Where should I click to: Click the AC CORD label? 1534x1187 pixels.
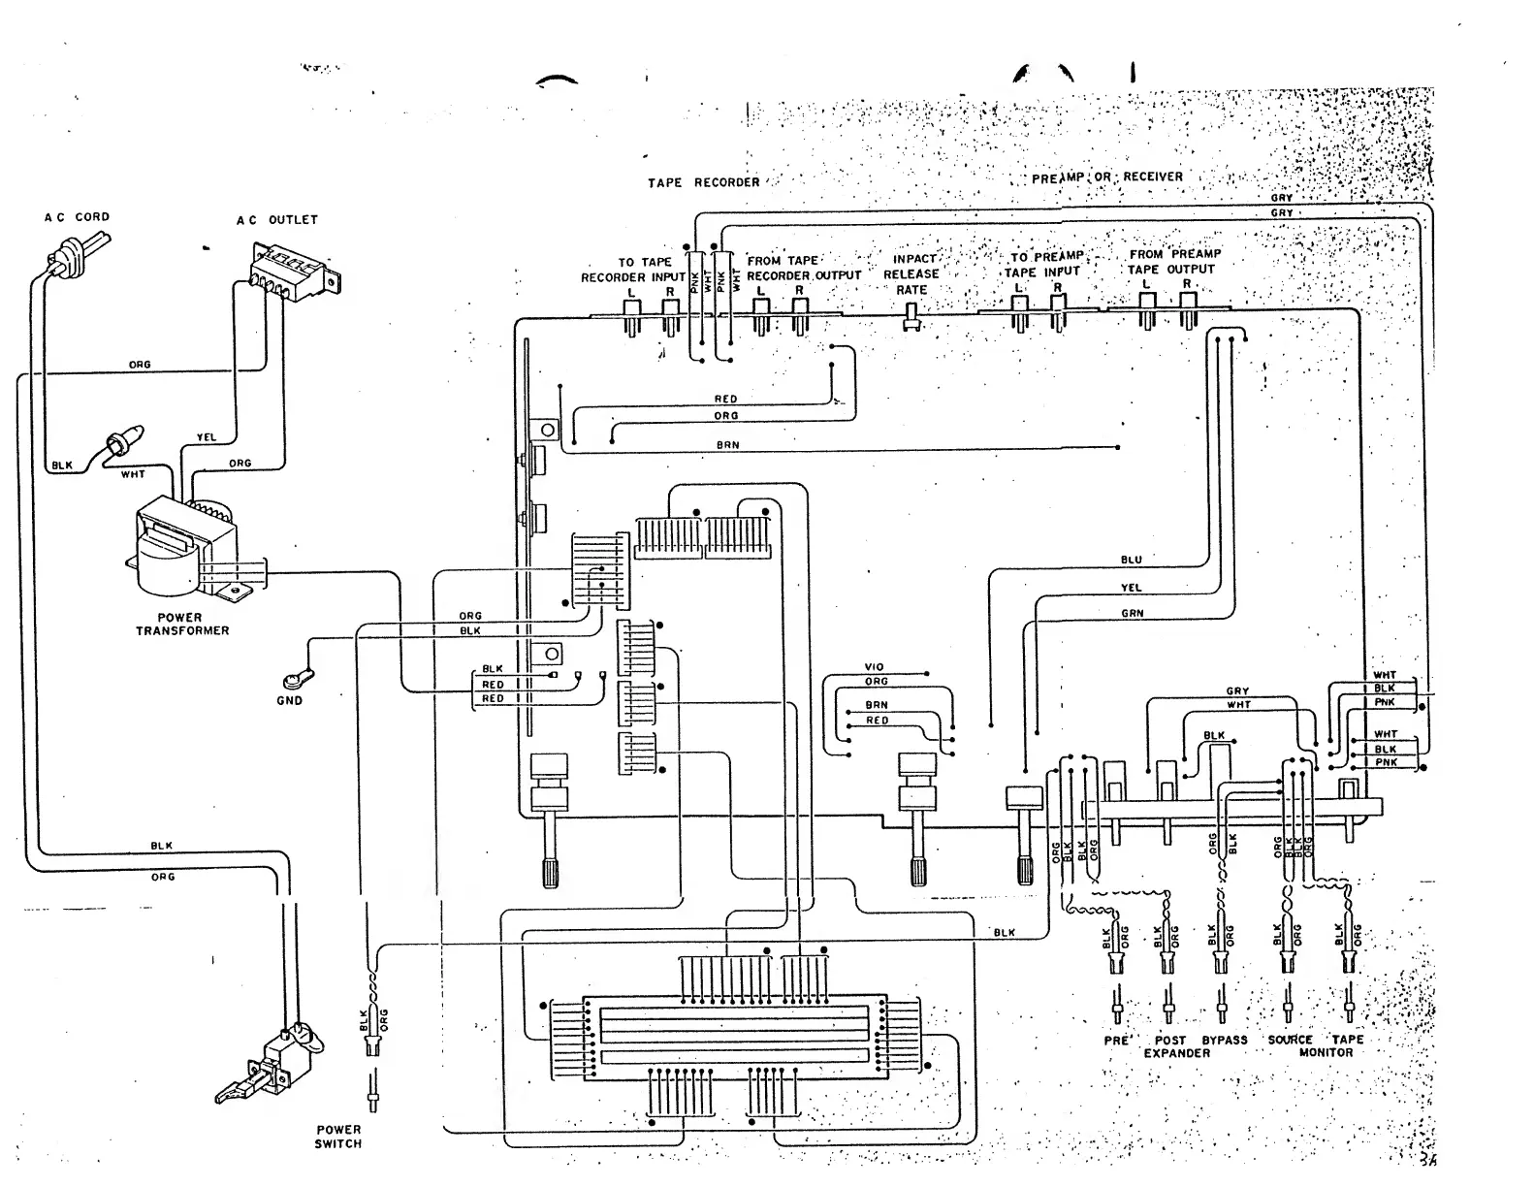point(77,217)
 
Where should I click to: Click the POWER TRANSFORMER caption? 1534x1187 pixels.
point(181,624)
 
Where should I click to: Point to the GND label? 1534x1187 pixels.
point(289,700)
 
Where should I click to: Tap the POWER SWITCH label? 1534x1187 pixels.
point(337,1137)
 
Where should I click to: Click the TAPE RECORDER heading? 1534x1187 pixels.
point(703,182)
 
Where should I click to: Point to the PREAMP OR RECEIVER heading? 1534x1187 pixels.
point(1106,177)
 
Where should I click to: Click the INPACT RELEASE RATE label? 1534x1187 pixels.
point(911,274)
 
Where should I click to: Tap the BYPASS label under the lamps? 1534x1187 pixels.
point(1225,1040)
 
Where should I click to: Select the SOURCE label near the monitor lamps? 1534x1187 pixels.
point(1290,1040)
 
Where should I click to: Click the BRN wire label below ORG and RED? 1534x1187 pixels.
point(727,445)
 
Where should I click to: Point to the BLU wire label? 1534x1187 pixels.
point(1131,560)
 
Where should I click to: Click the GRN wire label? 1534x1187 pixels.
point(1132,613)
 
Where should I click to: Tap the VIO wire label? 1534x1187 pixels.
point(875,667)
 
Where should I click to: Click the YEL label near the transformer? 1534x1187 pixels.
point(206,437)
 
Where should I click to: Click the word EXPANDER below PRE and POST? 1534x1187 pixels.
point(1176,1053)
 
